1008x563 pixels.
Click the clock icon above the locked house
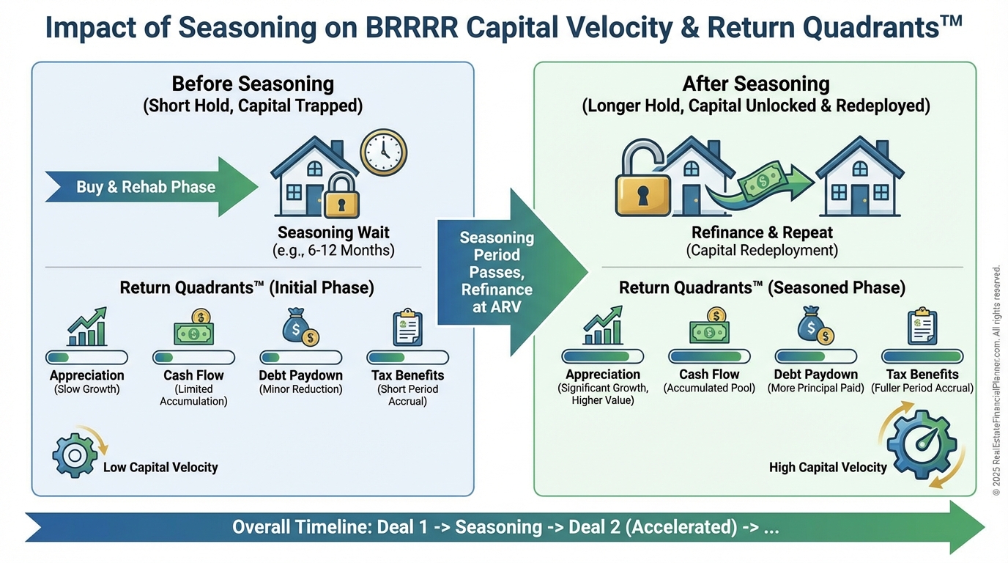point(383,152)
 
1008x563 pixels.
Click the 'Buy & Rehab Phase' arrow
point(152,186)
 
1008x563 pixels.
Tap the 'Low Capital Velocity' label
point(160,467)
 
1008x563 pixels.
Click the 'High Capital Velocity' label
point(828,467)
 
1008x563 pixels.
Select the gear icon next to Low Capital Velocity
point(75,456)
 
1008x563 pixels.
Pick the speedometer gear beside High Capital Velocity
point(922,444)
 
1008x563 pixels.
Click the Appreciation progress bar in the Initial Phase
point(87,358)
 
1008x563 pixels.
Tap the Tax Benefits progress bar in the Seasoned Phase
point(922,357)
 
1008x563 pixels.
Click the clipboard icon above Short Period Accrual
point(407,327)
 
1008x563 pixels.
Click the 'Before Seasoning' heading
point(253,84)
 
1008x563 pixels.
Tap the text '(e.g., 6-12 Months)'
point(333,251)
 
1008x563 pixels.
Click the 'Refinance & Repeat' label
point(763,233)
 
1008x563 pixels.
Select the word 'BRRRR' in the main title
point(412,28)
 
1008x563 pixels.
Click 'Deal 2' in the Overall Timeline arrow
point(594,527)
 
